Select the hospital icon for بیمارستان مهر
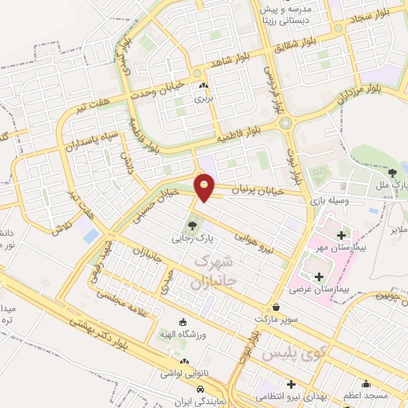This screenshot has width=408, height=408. [x=342, y=236]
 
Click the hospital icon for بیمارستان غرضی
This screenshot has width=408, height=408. [x=320, y=277]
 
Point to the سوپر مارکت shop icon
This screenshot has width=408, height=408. [x=276, y=307]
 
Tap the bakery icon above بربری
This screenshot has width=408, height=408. [x=204, y=87]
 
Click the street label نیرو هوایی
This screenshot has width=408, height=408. [x=253, y=240]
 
